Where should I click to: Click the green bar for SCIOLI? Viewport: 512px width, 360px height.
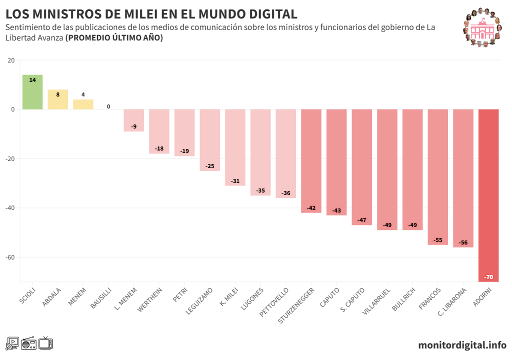pyautogui.click(x=32, y=92)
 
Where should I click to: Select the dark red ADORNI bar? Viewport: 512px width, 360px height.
pyautogui.click(x=488, y=195)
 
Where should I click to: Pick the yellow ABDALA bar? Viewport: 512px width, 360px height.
pyautogui.click(x=58, y=99)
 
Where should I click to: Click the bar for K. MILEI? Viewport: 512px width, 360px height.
pyautogui.click(x=235, y=147)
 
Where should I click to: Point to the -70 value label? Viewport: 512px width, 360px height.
pyautogui.click(x=488, y=277)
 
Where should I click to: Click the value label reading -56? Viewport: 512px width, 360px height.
pyautogui.click(x=463, y=243)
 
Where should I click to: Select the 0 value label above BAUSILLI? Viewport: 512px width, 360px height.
pyautogui.click(x=108, y=106)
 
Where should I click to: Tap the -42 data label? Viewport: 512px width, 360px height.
pyautogui.click(x=311, y=208)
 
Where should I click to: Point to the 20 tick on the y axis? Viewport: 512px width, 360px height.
pyautogui.click(x=11, y=60)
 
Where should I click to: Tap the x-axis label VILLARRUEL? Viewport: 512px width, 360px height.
pyautogui.click(x=376, y=301)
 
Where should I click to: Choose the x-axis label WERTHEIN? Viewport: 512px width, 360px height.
pyautogui.click(x=150, y=299)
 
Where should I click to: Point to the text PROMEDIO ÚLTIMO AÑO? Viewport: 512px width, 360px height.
pyautogui.click(x=114, y=37)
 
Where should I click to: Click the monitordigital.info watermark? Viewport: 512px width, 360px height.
pyautogui.click(x=462, y=345)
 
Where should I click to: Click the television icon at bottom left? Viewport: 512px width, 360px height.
pyautogui.click(x=46, y=343)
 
